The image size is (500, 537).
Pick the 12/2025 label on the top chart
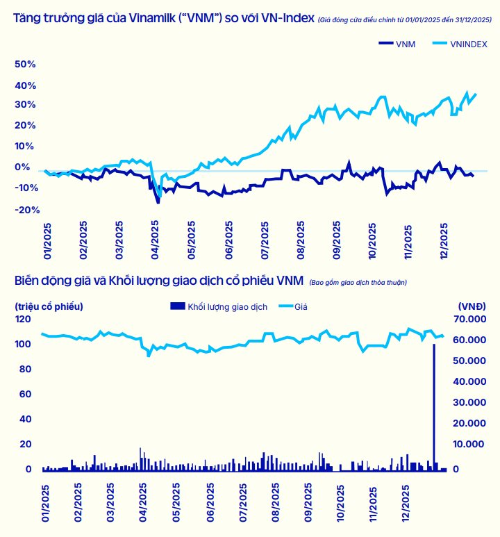pos(445,240)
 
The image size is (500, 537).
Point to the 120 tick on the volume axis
pos(23,319)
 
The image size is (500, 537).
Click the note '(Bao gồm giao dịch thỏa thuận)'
pos(358,282)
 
